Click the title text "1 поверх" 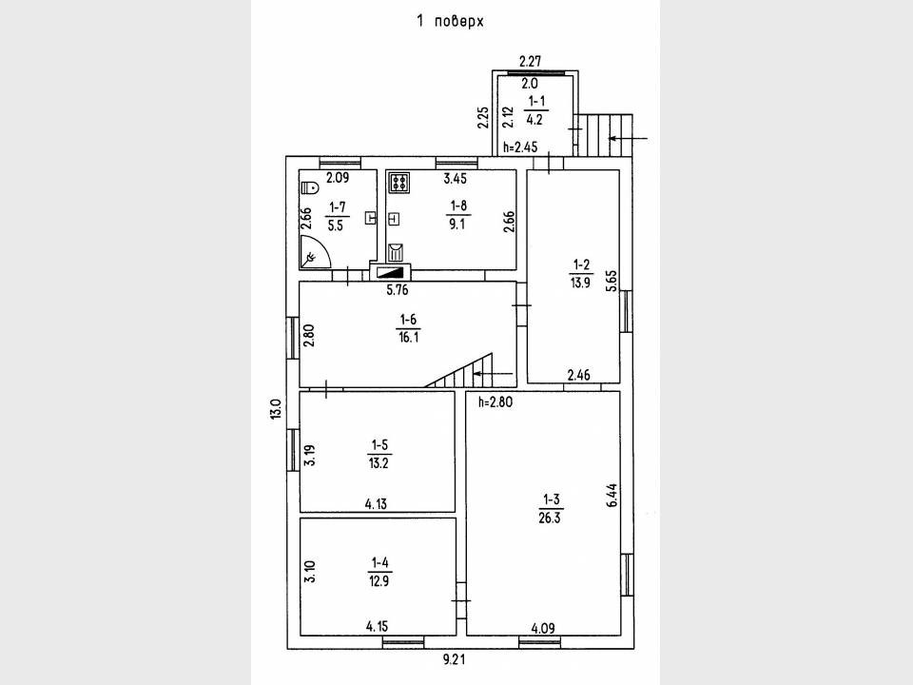coord(451,21)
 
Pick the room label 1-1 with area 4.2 coord(534,111)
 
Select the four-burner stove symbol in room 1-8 coord(398,182)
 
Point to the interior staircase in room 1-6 coord(463,370)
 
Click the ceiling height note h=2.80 coord(495,401)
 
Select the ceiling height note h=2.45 coord(521,147)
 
